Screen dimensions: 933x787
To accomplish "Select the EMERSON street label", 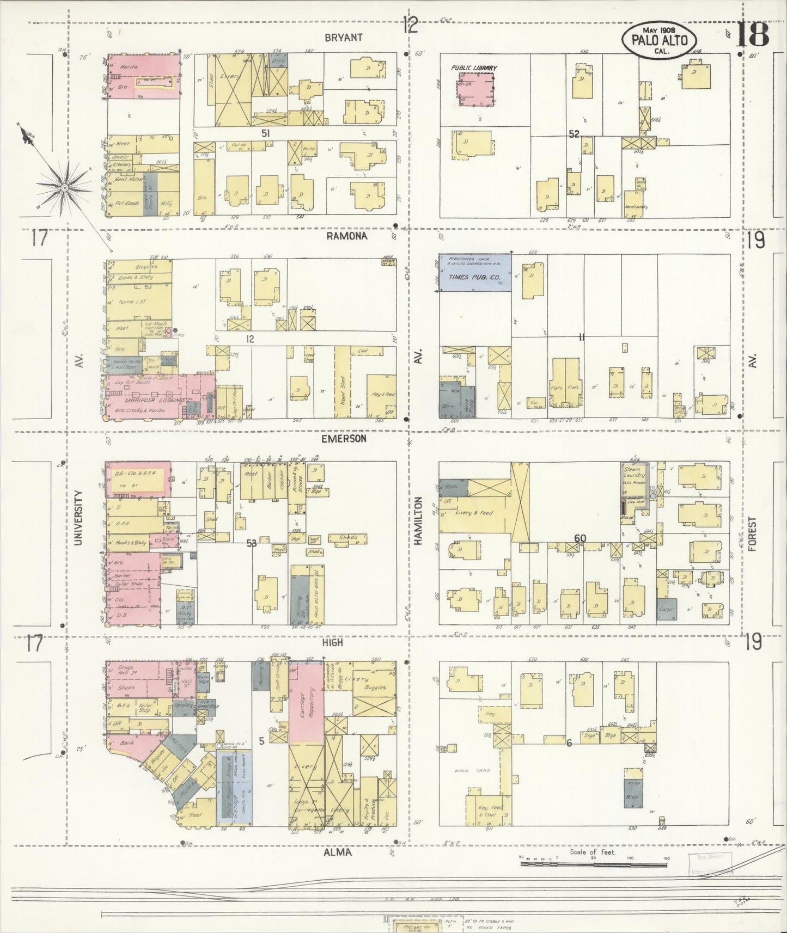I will click(343, 438).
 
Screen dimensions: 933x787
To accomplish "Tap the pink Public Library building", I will click(474, 88).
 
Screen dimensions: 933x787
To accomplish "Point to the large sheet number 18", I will click(753, 35).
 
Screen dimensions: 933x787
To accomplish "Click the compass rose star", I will click(64, 187).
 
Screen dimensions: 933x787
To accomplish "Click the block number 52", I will click(573, 133).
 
